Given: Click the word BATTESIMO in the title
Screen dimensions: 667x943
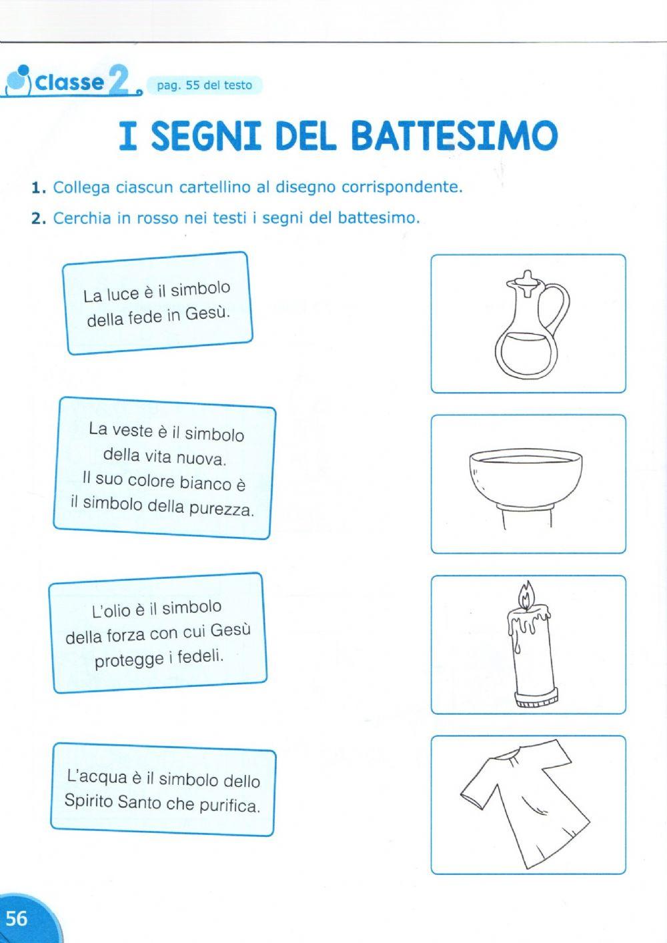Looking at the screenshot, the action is (454, 135).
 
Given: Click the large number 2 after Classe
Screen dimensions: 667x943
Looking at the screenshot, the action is (119, 79).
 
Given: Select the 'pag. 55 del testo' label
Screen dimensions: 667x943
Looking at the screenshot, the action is (204, 85).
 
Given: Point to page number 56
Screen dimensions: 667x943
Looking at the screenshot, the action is (17, 918).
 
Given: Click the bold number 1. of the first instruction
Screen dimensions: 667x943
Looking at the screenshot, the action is (39, 188).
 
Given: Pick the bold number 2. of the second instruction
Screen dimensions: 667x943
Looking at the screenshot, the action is (39, 219).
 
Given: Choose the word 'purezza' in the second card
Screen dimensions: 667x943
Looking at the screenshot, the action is (221, 510).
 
